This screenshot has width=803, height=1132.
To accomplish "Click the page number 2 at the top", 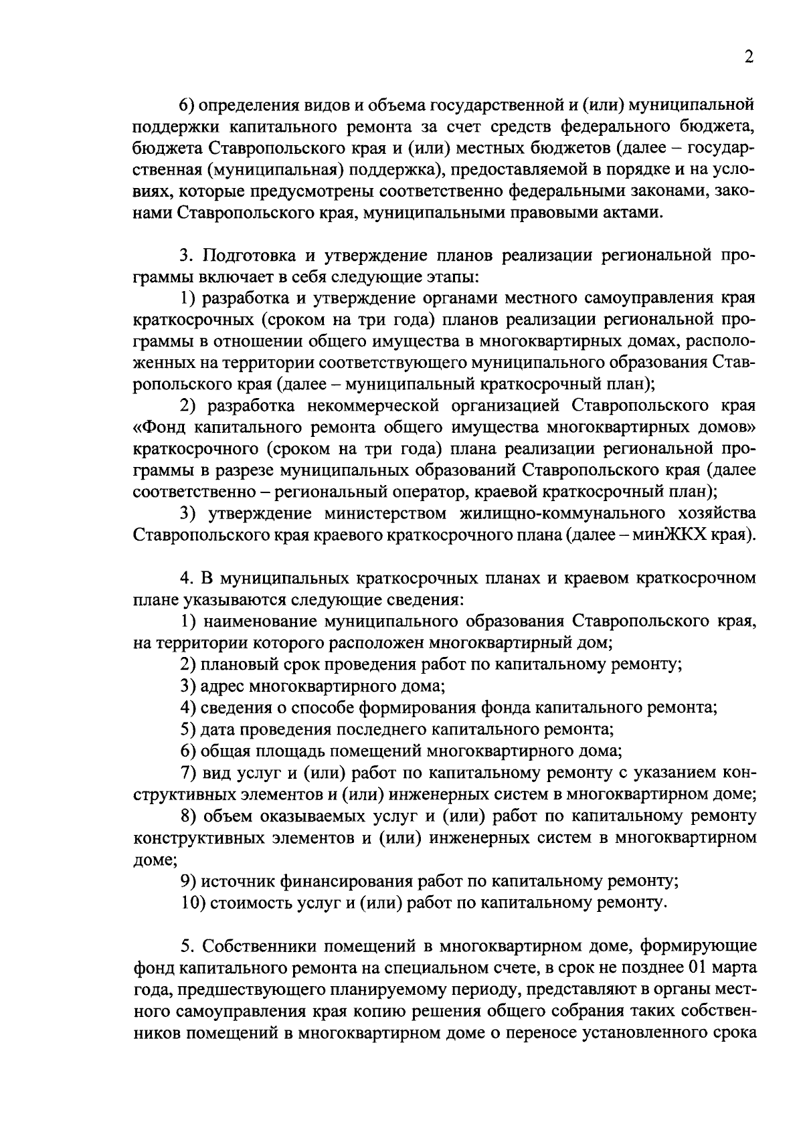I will point(749,58).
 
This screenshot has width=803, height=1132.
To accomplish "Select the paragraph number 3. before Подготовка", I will point(186,255).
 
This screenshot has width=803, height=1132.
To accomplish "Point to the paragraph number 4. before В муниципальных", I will point(186,577).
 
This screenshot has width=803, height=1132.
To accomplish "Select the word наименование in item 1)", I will point(258,621).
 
